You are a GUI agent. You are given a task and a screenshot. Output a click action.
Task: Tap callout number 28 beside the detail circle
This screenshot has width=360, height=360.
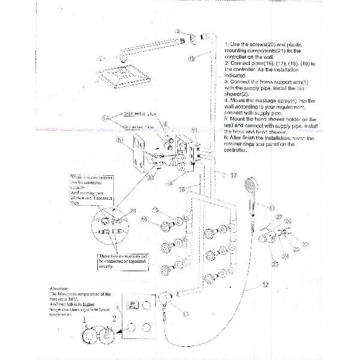pos(133,210)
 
